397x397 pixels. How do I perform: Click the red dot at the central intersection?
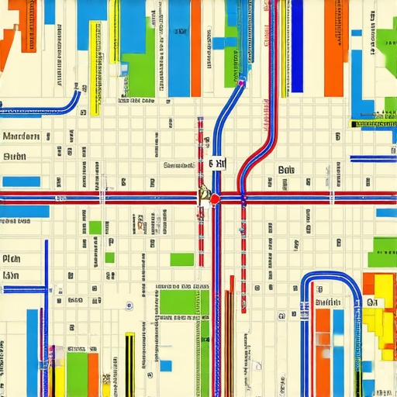215,198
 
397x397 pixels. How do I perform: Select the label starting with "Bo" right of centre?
285,169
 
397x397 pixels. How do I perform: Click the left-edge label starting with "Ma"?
21,136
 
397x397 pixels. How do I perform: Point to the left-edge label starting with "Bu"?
15,157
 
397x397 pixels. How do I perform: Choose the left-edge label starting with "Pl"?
11,259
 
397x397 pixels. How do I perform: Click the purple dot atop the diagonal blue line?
242,79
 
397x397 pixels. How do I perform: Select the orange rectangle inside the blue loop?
323,341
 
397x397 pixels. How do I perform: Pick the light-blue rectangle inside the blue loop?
338,341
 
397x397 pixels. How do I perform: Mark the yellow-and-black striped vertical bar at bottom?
129,364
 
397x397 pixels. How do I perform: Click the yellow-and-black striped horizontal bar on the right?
374,123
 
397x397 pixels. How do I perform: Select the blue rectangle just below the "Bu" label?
21,181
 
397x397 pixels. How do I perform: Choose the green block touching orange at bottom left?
77,371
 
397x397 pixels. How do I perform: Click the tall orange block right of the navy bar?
334,47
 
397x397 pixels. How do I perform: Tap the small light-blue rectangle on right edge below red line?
385,212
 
